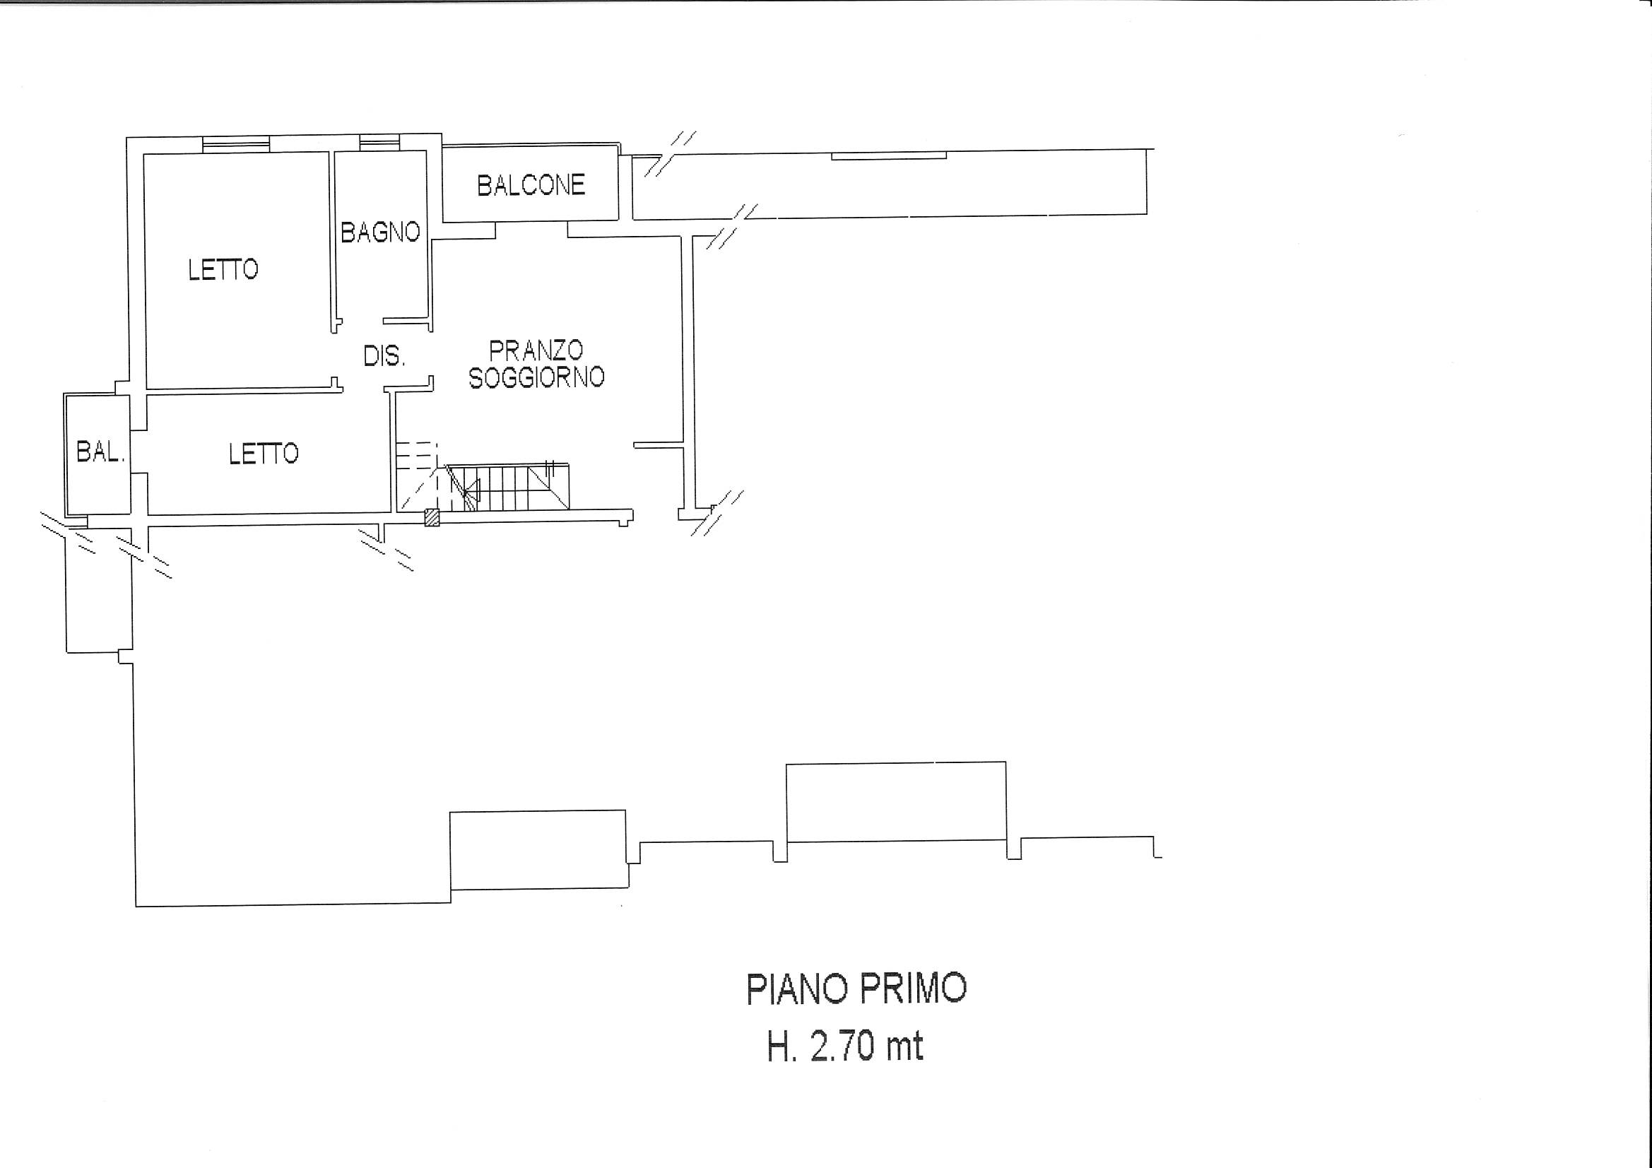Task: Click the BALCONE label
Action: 531,186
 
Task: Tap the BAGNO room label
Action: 381,232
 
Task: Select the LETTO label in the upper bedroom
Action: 223,270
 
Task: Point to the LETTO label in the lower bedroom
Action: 264,454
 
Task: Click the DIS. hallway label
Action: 384,355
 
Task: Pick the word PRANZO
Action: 536,350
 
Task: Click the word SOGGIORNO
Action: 536,377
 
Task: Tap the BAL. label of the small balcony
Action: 101,453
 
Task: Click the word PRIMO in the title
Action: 910,989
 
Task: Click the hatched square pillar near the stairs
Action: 432,517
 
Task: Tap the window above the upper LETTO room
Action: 236,144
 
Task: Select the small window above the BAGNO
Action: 379,143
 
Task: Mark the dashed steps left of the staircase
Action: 416,474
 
